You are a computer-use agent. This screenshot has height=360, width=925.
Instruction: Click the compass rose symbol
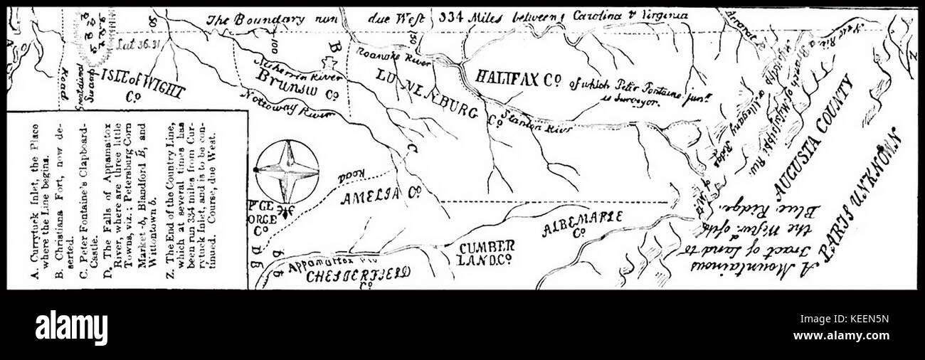click(286, 171)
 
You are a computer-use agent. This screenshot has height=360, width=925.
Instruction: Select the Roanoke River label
click(384, 53)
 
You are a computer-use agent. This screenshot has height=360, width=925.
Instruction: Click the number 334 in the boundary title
click(451, 18)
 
